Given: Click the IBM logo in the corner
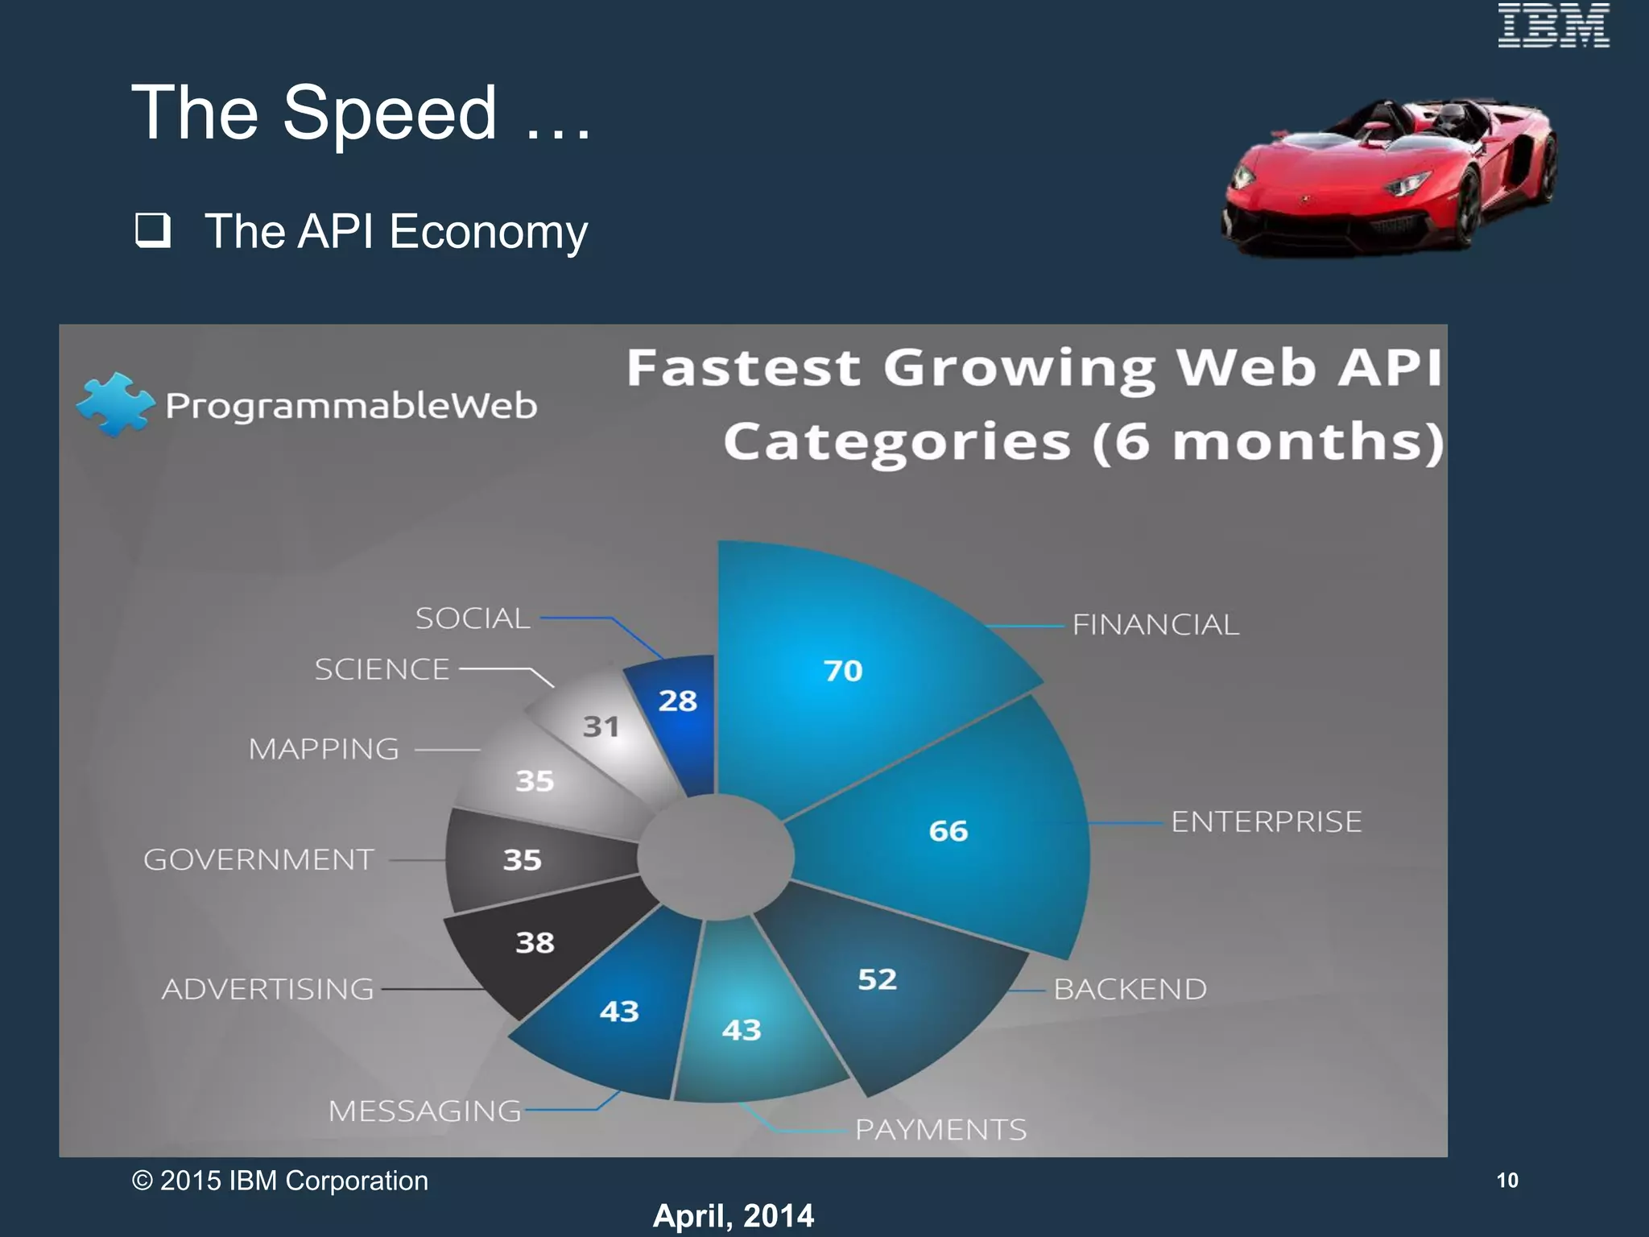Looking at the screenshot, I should (1553, 26).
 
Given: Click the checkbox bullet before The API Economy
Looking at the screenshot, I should (152, 230).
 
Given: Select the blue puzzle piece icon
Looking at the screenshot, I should (114, 403).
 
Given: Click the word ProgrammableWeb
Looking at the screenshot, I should (351, 405).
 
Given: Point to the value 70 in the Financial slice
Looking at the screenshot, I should (843, 671).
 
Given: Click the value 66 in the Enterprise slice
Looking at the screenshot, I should (948, 830).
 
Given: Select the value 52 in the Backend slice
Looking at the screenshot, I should (877, 979).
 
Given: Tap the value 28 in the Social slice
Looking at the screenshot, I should (677, 701).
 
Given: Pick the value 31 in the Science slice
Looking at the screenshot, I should (601, 727).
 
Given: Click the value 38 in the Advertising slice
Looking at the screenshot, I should (535, 942).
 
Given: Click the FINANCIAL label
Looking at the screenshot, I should (1155, 625).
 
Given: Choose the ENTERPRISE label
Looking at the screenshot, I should (1266, 822).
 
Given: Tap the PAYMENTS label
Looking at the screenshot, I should (940, 1130).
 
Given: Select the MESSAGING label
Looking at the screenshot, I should (424, 1111).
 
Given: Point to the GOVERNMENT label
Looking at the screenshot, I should (258, 860).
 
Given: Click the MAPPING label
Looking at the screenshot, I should (324, 750).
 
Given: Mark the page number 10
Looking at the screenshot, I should (1506, 1181).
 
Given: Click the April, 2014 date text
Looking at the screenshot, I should (733, 1215).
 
